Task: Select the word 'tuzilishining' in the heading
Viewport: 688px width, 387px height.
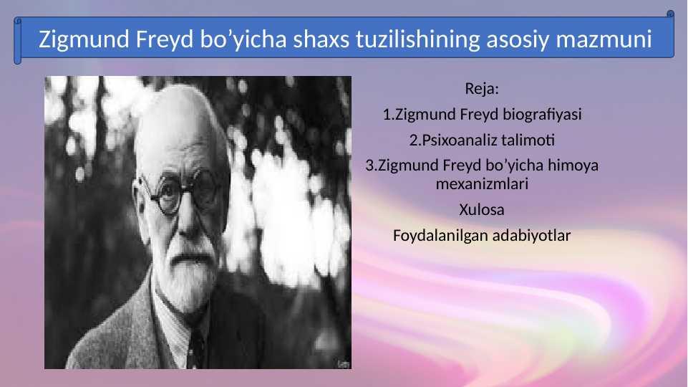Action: tap(418, 39)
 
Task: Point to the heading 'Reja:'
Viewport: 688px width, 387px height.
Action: tap(482, 89)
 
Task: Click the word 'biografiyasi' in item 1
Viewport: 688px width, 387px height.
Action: tap(542, 114)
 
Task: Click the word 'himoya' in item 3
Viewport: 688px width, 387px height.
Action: tap(573, 166)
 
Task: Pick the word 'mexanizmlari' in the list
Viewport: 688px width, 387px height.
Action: tap(482, 183)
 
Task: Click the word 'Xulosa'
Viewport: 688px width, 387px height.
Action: tap(482, 209)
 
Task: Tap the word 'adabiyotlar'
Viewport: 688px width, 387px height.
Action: tap(531, 236)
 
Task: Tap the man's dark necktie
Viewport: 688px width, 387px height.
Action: tap(195, 349)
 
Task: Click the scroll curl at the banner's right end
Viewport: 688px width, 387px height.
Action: tap(670, 14)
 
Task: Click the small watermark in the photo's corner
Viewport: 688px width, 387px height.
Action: tap(343, 364)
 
